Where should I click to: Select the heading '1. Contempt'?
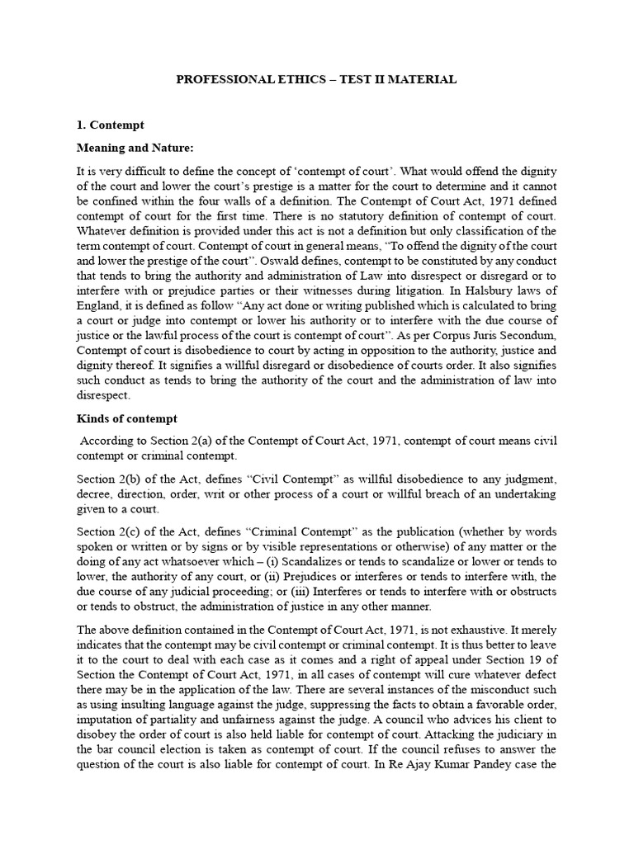coord(110,125)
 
